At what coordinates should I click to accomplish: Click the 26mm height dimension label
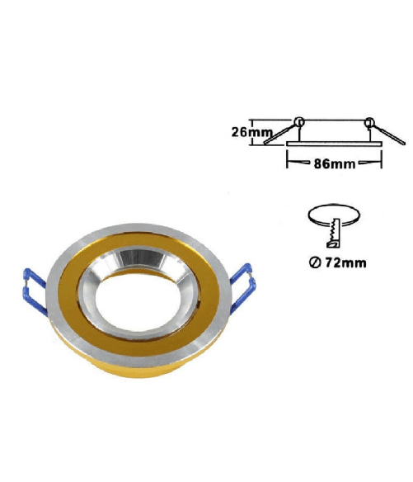pos(251,132)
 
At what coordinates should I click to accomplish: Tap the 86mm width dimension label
pos(335,164)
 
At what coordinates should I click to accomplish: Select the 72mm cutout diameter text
pos(345,262)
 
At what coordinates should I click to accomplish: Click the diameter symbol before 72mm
pos(314,263)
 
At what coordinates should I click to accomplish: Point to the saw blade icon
pos(333,233)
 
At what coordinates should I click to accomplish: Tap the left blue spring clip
pos(35,291)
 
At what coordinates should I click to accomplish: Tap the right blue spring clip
pos(243,287)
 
